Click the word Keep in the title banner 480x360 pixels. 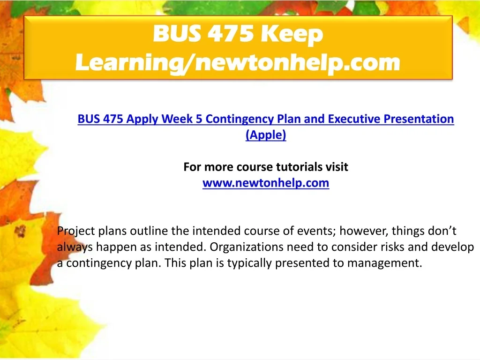tap(292, 34)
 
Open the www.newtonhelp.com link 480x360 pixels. tap(266, 183)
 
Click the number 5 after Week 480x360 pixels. tap(199, 119)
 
